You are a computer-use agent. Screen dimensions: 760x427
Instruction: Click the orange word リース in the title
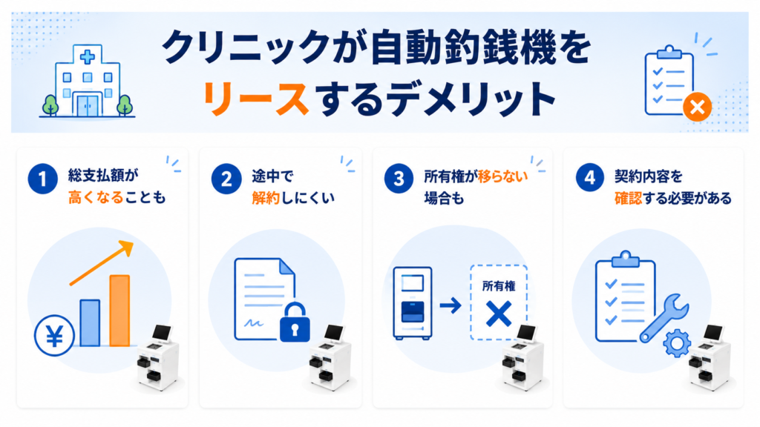[255, 99]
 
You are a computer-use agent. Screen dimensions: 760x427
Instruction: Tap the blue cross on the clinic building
[88, 57]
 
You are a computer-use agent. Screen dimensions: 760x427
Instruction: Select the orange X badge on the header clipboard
[698, 107]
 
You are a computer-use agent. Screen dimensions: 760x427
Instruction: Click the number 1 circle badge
[42, 179]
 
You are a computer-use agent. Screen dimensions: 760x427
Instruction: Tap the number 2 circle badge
[226, 179]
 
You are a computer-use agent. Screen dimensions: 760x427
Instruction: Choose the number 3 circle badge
[399, 179]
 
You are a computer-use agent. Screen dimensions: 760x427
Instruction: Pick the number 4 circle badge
[589, 178]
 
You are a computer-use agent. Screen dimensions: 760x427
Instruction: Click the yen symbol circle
[54, 336]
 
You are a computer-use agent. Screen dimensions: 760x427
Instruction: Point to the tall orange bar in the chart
[119, 311]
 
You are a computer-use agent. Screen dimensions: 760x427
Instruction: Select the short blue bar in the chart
[90, 323]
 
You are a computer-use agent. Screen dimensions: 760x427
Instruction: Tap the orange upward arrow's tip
[132, 242]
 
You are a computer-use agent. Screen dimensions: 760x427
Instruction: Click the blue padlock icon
[295, 322]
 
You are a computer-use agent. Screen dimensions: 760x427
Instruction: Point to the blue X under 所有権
[499, 314]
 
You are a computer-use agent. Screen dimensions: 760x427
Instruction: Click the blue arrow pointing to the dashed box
[451, 305]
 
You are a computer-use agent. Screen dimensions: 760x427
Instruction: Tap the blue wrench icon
[665, 318]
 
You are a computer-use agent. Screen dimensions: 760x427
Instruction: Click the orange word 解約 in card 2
[266, 198]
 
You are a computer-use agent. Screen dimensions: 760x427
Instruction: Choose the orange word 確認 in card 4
[628, 198]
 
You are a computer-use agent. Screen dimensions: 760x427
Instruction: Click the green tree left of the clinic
[50, 105]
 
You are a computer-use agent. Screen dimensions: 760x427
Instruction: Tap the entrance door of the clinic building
[88, 106]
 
